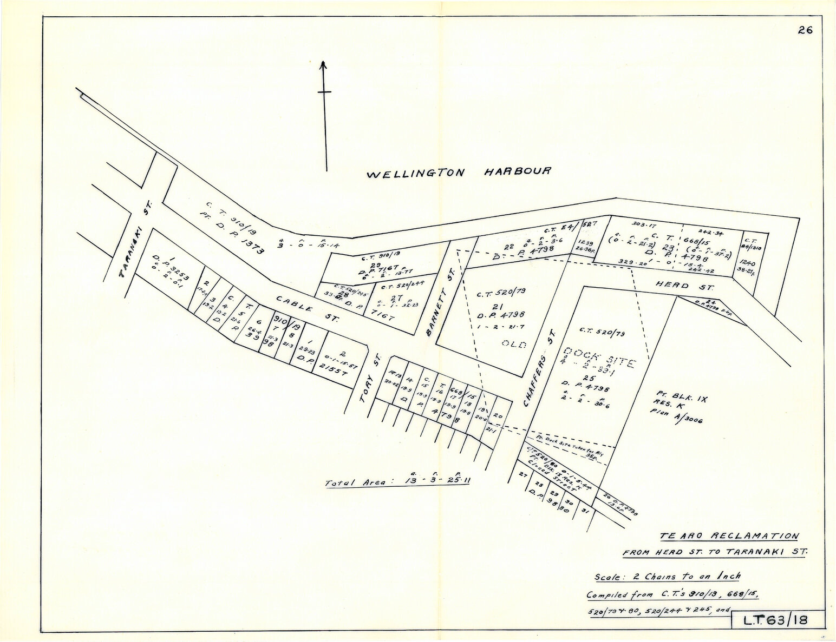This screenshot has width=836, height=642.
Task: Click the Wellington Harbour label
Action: coord(459,173)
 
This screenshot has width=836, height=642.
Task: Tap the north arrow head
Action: coord(323,65)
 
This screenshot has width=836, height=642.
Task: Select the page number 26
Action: coord(805,30)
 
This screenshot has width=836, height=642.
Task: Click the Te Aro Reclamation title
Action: coord(729,537)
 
